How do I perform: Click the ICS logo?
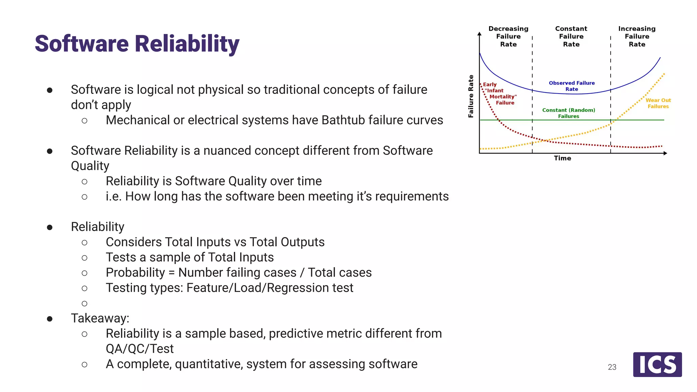point(657,364)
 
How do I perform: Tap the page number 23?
point(612,367)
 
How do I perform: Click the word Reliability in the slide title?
point(187,44)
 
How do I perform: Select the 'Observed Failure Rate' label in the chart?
point(572,86)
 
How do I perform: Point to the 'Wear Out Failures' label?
point(658,103)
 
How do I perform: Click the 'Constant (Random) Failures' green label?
point(568,113)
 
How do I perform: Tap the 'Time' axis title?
point(562,158)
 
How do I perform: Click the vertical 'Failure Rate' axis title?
point(471,96)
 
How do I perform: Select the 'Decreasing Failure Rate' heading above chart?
point(508,36)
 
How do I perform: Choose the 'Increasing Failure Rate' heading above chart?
point(637,36)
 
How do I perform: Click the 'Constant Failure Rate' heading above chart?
point(571,36)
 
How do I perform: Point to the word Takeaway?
point(100,318)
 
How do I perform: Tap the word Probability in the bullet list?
point(135,273)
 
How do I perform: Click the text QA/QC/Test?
point(140,349)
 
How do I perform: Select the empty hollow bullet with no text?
point(84,303)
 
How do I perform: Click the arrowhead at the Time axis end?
point(665,153)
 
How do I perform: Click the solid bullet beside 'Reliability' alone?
point(50,227)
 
